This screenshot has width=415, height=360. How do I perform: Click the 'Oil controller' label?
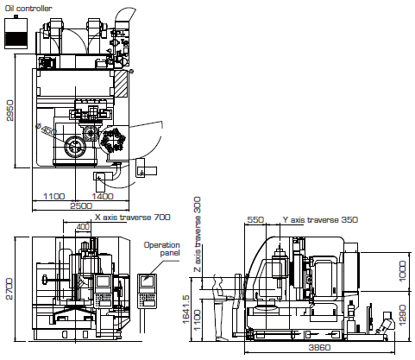click(28, 8)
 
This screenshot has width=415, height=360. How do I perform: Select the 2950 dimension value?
click(9, 111)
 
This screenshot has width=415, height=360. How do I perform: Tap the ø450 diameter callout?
click(46, 129)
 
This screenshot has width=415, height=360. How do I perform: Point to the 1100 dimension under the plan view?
click(54, 196)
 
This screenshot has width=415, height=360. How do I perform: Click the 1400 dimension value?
click(103, 196)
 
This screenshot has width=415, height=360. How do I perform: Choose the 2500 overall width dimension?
click(81, 205)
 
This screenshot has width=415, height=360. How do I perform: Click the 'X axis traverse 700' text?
click(133, 217)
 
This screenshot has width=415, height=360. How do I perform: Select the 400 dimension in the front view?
click(83, 227)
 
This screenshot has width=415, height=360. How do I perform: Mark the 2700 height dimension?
click(9, 288)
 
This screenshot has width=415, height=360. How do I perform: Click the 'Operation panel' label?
click(162, 249)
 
